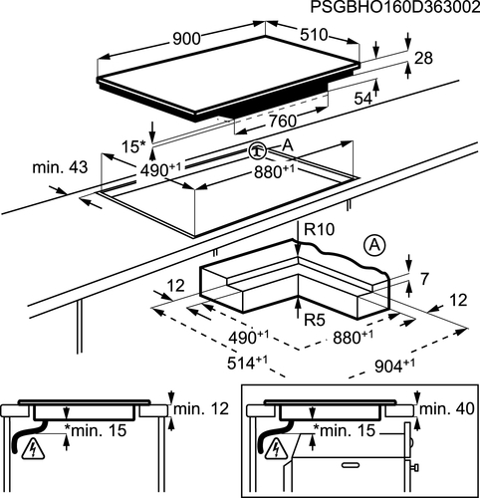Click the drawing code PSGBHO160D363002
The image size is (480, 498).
[x=395, y=7]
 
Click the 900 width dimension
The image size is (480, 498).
[x=187, y=39]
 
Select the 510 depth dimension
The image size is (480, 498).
[x=314, y=35]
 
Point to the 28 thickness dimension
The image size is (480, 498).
[x=424, y=58]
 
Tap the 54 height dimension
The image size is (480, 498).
[x=363, y=99]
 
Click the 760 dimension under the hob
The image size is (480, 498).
[x=282, y=122]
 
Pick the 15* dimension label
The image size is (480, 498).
[x=133, y=147]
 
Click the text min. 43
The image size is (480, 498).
[x=60, y=167]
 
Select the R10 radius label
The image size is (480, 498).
[x=320, y=229]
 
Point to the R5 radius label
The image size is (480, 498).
[x=315, y=320]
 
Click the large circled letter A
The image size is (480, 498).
[x=374, y=247]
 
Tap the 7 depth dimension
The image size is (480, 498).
[x=425, y=279]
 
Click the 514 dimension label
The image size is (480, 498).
[x=248, y=363]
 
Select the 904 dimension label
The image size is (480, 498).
[x=394, y=366]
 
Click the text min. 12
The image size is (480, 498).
[x=201, y=408]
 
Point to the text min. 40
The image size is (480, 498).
[x=447, y=408]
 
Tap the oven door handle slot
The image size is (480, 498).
[x=351, y=463]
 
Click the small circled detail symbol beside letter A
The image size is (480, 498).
[x=257, y=151]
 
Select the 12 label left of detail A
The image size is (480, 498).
[x=175, y=286]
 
